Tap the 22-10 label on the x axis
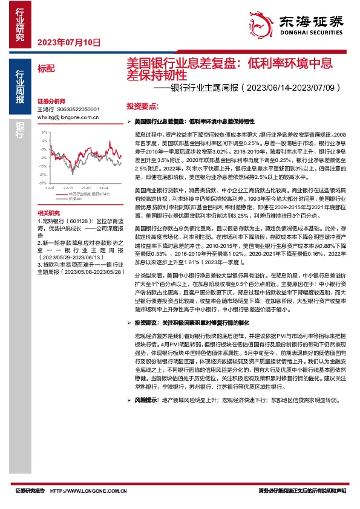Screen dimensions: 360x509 coord(68,187)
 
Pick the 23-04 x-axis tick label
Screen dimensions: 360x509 coord(103,187)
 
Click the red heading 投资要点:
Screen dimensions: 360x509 coord(142,105)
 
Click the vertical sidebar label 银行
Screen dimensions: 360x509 coord(19,130)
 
